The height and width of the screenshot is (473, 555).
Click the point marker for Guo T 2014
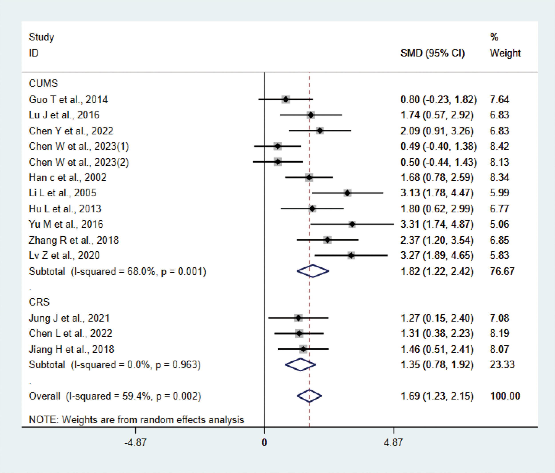285,100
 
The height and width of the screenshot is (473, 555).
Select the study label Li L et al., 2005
62,193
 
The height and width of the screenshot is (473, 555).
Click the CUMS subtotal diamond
313,271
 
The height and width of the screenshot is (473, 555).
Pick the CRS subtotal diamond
300,365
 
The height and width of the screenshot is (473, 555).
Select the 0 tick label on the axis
264,442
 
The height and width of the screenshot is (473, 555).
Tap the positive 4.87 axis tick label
393,442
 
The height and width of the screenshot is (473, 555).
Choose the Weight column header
505,53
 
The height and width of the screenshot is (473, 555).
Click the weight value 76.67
502,271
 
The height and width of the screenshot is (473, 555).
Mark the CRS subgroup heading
39,302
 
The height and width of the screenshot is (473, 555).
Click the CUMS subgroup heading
43,83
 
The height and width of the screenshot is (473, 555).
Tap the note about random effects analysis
136,420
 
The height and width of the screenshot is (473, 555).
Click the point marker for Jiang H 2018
303,349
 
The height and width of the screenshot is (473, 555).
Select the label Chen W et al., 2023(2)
79,162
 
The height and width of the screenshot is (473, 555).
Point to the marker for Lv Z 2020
351,255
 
